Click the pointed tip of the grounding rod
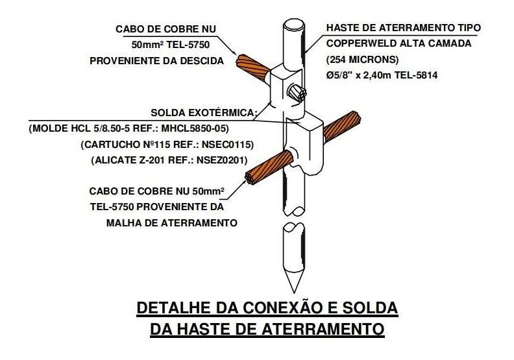tap(294, 292)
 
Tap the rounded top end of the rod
tap(294, 25)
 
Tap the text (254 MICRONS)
tap(362, 60)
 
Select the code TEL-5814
tap(415, 75)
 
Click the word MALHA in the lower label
tap(121, 223)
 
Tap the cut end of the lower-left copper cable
tap(250, 178)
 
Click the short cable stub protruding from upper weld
tap(297, 92)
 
